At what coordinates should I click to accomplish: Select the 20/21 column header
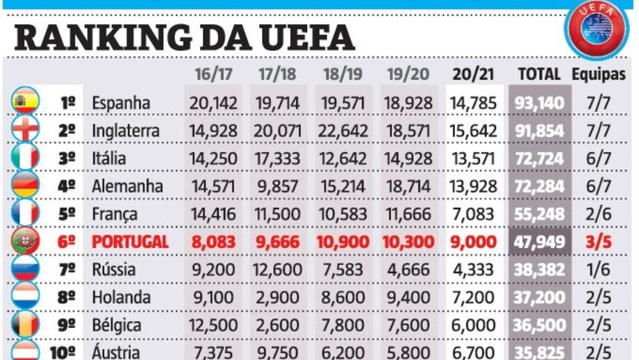(x=473, y=74)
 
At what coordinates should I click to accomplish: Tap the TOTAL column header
(x=539, y=74)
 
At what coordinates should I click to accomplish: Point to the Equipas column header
(x=599, y=74)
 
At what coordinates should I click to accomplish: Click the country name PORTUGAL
(x=131, y=242)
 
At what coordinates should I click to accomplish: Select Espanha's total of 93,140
(x=540, y=103)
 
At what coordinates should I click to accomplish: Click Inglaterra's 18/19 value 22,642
(x=345, y=131)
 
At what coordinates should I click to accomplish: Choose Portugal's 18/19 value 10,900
(x=345, y=242)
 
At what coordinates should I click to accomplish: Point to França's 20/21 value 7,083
(x=473, y=214)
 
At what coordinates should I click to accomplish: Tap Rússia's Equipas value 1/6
(x=599, y=270)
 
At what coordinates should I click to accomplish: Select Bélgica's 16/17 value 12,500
(x=214, y=325)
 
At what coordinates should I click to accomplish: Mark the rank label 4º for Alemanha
(x=67, y=186)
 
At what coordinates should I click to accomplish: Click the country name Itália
(x=110, y=158)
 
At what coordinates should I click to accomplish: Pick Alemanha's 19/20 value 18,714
(x=408, y=186)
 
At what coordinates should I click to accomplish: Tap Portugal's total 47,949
(x=540, y=242)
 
